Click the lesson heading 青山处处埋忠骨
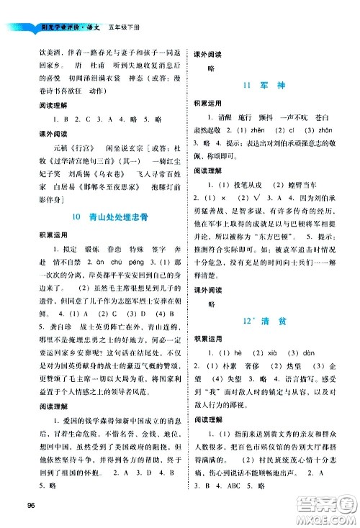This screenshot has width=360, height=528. [107, 216]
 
